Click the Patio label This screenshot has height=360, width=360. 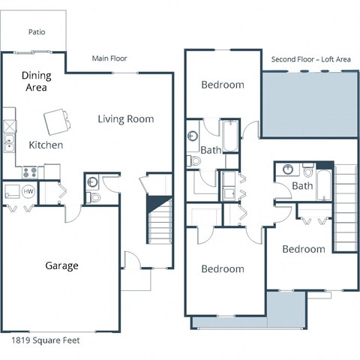coord(36,32)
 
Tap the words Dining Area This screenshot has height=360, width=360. coord(34,81)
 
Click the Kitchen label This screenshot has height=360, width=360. coord(46,145)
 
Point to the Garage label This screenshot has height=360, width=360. coord(61,265)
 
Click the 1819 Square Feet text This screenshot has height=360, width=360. coord(45,340)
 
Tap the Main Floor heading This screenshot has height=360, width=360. coord(109,58)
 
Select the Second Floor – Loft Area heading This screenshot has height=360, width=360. coord(310,58)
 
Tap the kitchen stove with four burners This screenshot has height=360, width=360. coord(30,172)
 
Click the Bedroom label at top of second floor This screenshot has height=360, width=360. coord(223,85)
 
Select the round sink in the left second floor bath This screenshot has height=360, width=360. coord(193,137)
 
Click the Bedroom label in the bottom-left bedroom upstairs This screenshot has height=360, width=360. coord(223,268)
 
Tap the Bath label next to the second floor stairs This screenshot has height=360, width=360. coord(302,185)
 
